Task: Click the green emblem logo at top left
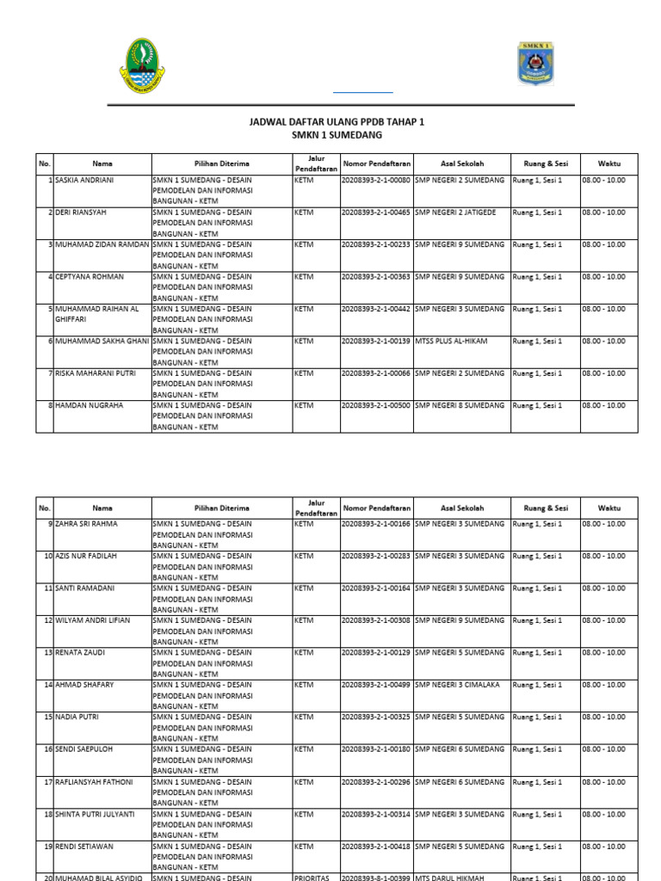point(142,65)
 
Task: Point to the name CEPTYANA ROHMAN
point(90,276)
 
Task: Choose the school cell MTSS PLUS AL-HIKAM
point(451,341)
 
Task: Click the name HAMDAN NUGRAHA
point(89,405)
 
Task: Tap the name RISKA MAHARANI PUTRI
point(95,373)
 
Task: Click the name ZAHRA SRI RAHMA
point(87,523)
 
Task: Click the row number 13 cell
point(45,652)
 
